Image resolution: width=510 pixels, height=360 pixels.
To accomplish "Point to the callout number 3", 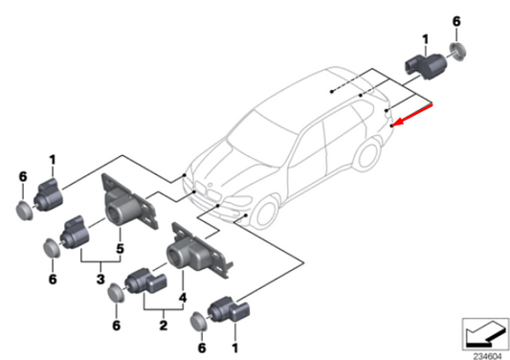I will click(100, 278).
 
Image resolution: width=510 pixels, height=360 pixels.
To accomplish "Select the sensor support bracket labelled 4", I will click(196, 251).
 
